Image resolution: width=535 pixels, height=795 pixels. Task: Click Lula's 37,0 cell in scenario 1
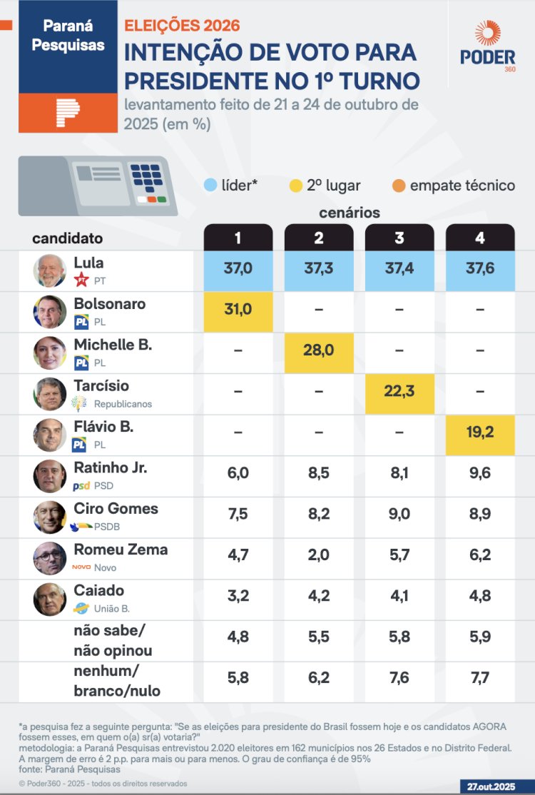coord(238,270)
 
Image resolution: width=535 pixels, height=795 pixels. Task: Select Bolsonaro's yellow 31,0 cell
coord(238,311)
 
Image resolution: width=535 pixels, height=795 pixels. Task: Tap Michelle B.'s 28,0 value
coord(319,352)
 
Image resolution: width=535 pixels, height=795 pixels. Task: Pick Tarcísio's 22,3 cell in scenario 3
coord(399,393)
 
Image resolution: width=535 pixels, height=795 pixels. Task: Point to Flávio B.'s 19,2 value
coord(479,434)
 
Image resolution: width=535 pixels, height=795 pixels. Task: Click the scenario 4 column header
coord(479,238)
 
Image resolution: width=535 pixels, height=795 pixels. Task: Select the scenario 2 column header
coord(319,238)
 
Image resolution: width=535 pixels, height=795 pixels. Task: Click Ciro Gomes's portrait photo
coord(50,517)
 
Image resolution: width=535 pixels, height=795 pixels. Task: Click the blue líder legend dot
coord(210,186)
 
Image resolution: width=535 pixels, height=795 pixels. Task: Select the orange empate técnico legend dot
coord(398,186)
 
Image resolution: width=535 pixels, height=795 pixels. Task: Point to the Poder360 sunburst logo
coord(488,34)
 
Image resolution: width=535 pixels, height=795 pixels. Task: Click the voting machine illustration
coord(98,186)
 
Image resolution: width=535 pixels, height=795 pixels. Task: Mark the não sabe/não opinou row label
coord(113,640)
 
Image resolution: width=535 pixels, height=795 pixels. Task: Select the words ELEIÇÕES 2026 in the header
coord(182,25)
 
